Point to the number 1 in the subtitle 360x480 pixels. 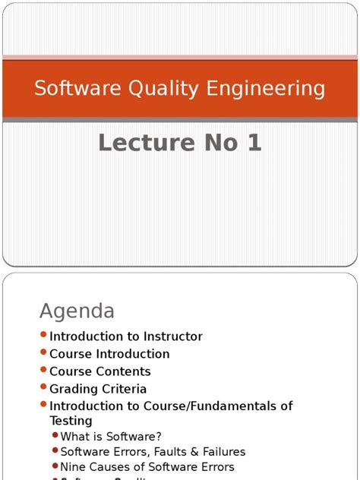pyautogui.click(x=254, y=142)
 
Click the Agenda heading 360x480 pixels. pyautogui.click(x=77, y=311)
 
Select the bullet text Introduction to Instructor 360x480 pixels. pyautogui.click(x=126, y=336)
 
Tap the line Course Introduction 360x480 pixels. pyautogui.click(x=109, y=354)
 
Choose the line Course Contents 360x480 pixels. pyautogui.click(x=100, y=371)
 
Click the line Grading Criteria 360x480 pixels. pyautogui.click(x=98, y=389)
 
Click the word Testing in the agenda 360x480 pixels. pyautogui.click(x=71, y=421)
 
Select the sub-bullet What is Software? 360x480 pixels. pyautogui.click(x=111, y=437)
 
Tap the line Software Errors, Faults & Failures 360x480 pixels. pyautogui.click(x=153, y=452)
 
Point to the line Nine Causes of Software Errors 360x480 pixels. pyautogui.click(x=147, y=467)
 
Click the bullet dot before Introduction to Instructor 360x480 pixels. pyautogui.click(x=43, y=336)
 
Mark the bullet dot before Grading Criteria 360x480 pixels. pyautogui.click(x=43, y=388)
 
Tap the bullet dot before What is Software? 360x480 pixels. pyautogui.click(x=55, y=436)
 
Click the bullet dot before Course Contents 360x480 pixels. pyautogui.click(x=43, y=371)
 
